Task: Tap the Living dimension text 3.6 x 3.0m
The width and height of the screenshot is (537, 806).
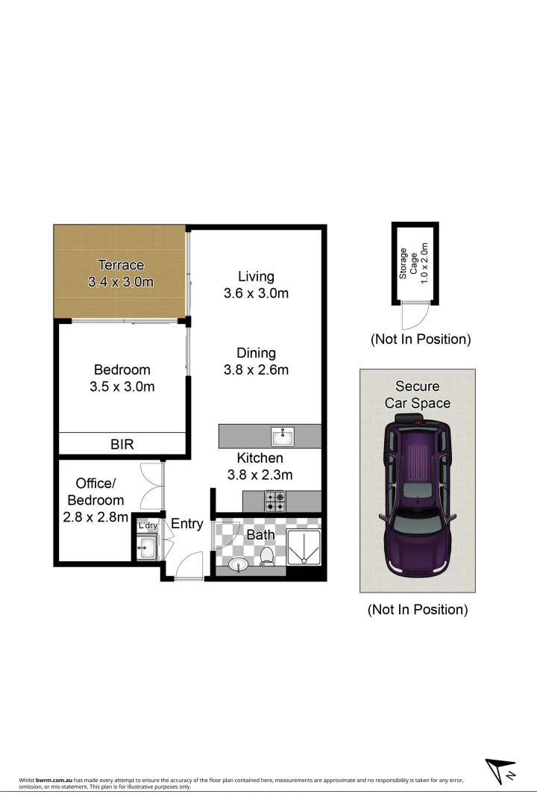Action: pyautogui.click(x=256, y=293)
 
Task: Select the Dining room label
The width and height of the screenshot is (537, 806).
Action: pyautogui.click(x=256, y=353)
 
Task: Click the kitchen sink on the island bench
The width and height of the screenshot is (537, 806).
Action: pyautogui.click(x=283, y=436)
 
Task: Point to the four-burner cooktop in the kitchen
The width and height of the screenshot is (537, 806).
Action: pyautogui.click(x=274, y=502)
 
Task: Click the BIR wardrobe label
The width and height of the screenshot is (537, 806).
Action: pyautogui.click(x=122, y=444)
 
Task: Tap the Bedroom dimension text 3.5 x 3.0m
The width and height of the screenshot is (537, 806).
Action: pyautogui.click(x=122, y=387)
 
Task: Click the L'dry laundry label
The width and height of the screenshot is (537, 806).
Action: pyautogui.click(x=148, y=526)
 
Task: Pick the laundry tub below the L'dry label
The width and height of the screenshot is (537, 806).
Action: pyautogui.click(x=146, y=549)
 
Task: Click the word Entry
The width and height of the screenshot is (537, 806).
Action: pyautogui.click(x=186, y=524)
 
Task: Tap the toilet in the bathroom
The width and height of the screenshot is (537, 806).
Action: pyautogui.click(x=267, y=554)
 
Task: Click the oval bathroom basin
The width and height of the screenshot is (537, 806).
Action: pyautogui.click(x=238, y=564)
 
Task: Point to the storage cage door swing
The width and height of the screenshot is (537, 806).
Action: pyautogui.click(x=410, y=317)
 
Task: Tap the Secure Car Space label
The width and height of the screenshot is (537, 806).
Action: pyautogui.click(x=417, y=395)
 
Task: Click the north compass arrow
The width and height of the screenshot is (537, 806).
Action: pyautogui.click(x=500, y=770)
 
